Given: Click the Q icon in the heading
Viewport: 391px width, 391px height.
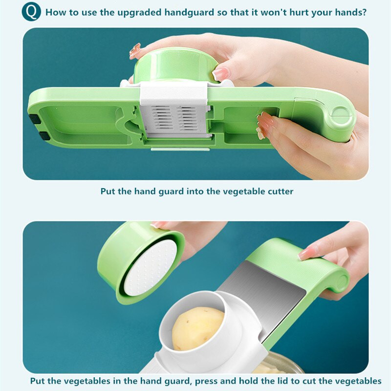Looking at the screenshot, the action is [31, 11].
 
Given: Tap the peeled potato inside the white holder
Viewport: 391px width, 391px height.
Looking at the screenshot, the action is [197, 328].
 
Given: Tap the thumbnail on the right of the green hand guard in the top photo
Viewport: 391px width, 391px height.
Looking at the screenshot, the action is [220, 74].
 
